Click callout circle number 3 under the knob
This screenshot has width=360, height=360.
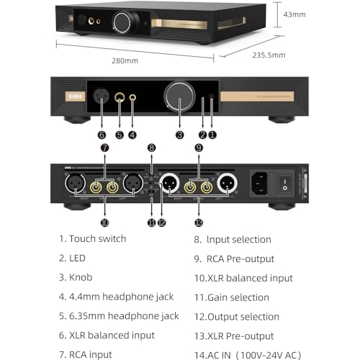179,134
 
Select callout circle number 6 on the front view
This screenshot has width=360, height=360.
102,134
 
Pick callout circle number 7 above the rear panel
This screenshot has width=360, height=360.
105,148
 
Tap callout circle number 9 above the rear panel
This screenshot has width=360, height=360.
199,148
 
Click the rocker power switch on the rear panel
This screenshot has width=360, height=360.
286,182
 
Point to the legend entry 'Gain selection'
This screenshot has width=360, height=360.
238,297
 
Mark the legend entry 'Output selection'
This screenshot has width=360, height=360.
243,316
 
